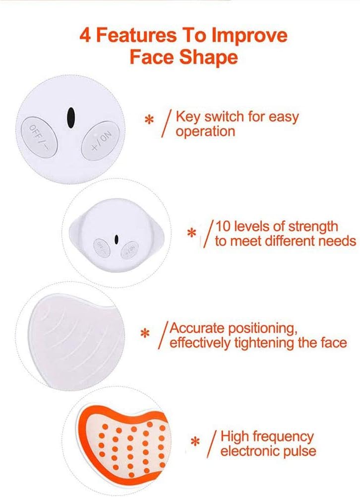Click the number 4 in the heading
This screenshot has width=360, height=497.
[x=85, y=36]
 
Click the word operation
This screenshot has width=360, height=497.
[x=205, y=132]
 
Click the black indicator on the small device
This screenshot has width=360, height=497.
[x=116, y=239]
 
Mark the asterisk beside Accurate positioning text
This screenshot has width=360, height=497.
[x=145, y=334]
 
